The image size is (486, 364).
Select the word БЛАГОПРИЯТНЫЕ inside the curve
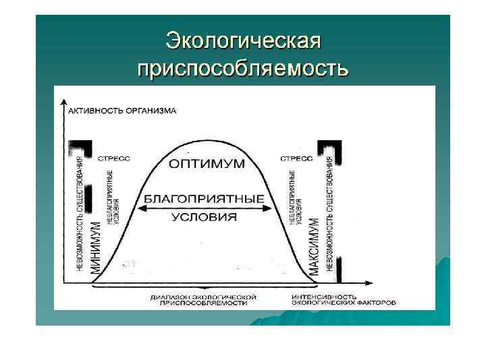point(203,200)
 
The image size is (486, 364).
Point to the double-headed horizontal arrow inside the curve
point(204,209)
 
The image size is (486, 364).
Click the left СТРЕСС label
point(114,160)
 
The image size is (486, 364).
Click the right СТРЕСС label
point(296,160)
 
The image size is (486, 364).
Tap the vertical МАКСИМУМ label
point(313,245)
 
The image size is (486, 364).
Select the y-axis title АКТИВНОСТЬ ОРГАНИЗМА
point(122,110)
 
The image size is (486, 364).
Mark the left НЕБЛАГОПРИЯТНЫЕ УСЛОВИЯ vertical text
point(113,195)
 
